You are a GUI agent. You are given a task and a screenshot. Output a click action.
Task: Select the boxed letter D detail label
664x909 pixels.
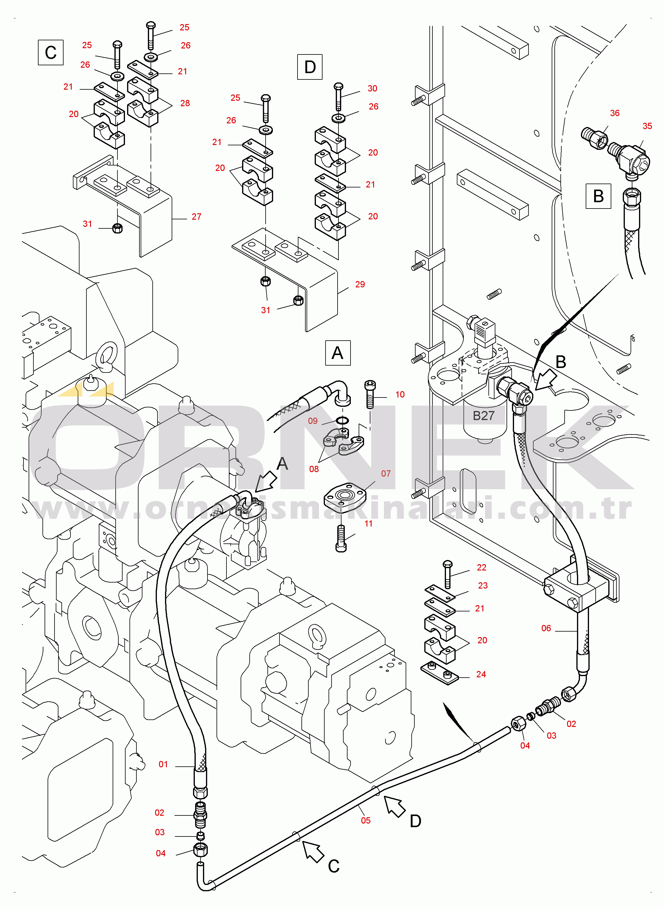click(x=310, y=67)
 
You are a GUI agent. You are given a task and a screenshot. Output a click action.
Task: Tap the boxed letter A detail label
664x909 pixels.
click(x=338, y=353)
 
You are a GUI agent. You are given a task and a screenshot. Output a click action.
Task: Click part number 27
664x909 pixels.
click(x=196, y=217)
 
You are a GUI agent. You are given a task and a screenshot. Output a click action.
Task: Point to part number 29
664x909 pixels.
click(x=360, y=284)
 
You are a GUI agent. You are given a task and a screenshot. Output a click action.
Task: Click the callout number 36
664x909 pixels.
click(x=615, y=113)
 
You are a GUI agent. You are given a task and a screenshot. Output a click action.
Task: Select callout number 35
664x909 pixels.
click(x=647, y=126)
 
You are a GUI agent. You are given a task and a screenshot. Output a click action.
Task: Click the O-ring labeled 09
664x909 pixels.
click(x=342, y=420)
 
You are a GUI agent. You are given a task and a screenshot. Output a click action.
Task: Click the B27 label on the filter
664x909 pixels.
click(x=484, y=416)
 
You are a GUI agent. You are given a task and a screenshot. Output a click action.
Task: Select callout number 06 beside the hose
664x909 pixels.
click(x=546, y=628)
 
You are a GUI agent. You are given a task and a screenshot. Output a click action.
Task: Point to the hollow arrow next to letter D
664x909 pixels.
click(x=394, y=807)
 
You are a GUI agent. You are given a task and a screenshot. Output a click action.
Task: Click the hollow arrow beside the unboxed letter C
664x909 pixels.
click(x=313, y=852)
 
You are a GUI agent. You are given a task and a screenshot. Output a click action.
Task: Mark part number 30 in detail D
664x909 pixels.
click(x=372, y=88)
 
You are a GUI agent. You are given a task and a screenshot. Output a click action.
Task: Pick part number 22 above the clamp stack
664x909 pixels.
click(x=482, y=567)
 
